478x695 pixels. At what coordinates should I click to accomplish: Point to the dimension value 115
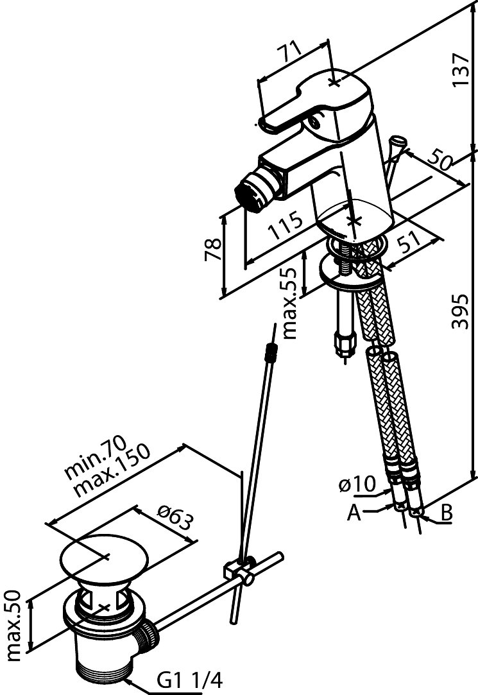(282, 228)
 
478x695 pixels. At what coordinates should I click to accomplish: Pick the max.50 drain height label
(17, 626)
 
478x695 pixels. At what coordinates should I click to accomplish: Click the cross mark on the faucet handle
(334, 82)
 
